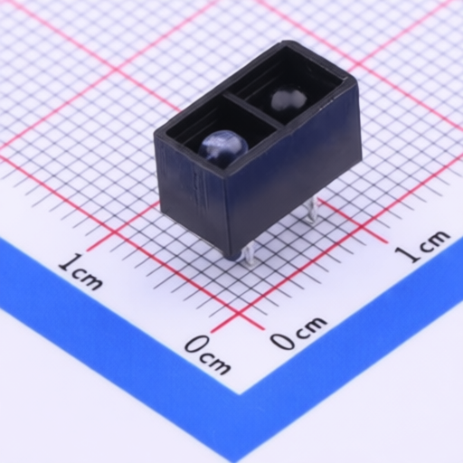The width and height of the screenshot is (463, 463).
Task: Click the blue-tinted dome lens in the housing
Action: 223,146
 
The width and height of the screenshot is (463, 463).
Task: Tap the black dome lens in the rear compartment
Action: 288,99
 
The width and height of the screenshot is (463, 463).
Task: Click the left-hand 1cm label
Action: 80,272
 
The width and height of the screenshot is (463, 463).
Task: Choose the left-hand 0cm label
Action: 207,354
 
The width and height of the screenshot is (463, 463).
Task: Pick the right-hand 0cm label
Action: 298,333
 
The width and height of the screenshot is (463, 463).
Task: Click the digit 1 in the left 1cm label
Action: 67,264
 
